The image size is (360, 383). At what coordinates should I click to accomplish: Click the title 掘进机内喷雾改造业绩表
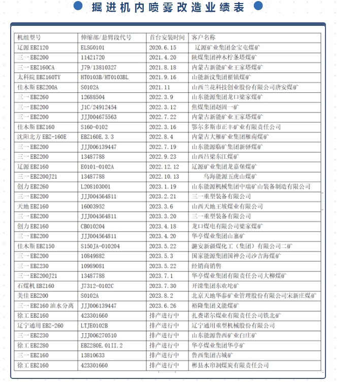point(168,7)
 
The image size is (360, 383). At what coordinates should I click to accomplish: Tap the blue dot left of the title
point(79,6)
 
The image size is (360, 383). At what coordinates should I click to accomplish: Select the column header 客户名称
point(204,38)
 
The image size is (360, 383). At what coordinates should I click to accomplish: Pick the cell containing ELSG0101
point(95,47)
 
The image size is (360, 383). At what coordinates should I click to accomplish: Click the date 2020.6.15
point(163,47)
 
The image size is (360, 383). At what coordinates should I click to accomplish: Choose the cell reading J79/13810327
point(99,67)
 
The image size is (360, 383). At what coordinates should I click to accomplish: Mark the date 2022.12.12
point(165,166)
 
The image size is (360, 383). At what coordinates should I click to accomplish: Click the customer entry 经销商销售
point(207,266)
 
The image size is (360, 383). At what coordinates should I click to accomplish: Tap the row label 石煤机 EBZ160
point(36,286)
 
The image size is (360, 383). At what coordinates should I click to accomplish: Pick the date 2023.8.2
point(161,296)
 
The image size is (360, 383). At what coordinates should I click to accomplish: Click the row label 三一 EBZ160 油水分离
point(46,306)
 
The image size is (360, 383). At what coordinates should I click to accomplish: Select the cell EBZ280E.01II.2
point(102,345)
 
